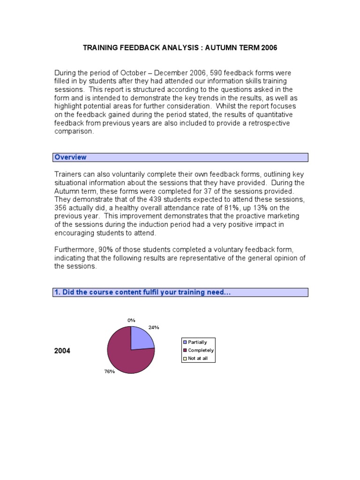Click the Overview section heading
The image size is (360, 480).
coord(70,157)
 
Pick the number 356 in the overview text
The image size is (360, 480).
coord(61,208)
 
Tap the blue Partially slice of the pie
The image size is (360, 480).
coord(141,339)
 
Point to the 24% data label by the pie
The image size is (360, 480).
coord(154,328)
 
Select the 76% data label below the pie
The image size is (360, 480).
coord(110,371)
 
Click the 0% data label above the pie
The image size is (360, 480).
coord(131,320)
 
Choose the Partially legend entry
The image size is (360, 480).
coord(197,342)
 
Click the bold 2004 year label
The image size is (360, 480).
coord(62,351)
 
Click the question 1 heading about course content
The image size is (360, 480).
coord(142,292)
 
